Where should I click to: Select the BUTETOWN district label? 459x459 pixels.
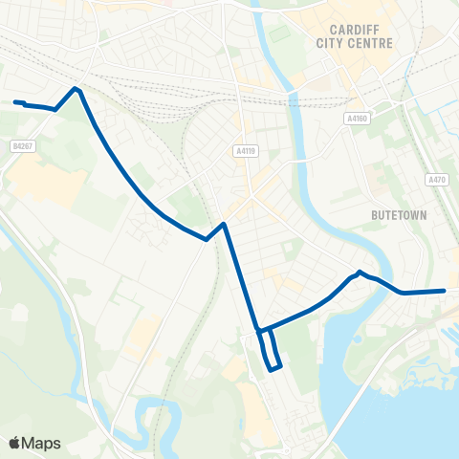pyautogui.click(x=397, y=216)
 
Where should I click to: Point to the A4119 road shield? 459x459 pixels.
pyautogui.click(x=245, y=150)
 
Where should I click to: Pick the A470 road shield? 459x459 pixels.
pyautogui.click(x=436, y=179)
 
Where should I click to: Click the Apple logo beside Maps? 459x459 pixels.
pyautogui.click(x=14, y=443)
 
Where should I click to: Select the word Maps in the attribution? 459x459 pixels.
pyautogui.click(x=41, y=443)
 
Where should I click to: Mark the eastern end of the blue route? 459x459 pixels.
pyautogui.click(x=445, y=291)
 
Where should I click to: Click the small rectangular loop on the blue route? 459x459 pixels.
pyautogui.click(x=271, y=351)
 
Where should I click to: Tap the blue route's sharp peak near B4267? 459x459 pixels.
pyautogui.click(x=76, y=89)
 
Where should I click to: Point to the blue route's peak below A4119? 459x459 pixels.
pyautogui.click(x=223, y=225)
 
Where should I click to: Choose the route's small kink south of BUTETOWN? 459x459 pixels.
pyautogui.click(x=360, y=273)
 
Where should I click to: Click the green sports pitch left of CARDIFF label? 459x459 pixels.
pyautogui.click(x=278, y=33)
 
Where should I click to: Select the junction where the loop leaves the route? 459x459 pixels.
pyautogui.click(x=259, y=331)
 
